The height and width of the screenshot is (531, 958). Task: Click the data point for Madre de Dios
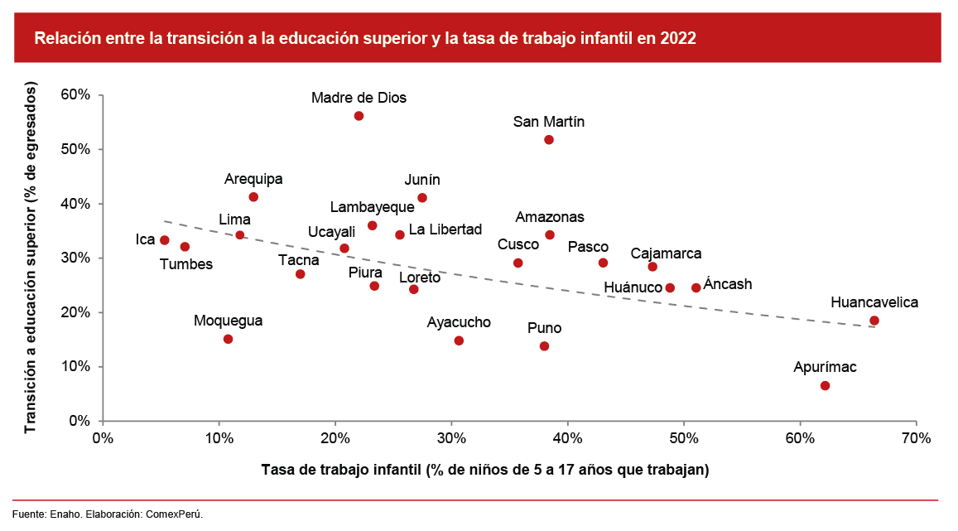[359, 116]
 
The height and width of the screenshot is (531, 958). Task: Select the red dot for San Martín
[549, 140]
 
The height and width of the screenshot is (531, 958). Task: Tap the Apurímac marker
[825, 386]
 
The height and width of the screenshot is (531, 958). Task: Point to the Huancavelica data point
[874, 321]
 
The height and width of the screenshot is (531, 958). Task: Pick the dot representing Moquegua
[229, 339]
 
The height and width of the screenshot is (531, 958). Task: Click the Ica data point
[165, 240]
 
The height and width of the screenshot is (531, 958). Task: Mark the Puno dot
[544, 346]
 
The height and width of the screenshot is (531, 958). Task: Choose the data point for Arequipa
[253, 197]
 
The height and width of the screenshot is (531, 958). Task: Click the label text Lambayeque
[372, 207]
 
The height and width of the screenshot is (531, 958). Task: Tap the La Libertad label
[445, 229]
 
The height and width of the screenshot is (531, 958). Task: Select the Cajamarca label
[666, 253]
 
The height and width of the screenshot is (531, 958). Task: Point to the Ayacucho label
[459, 322]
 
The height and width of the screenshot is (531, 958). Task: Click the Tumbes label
[186, 264]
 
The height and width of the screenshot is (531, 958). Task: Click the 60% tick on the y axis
[75, 95]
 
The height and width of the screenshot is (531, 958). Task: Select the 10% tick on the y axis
[75, 367]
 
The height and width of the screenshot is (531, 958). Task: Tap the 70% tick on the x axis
[916, 437]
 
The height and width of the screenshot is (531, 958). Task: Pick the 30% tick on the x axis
[450, 437]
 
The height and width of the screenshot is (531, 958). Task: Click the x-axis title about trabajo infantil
[485, 470]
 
